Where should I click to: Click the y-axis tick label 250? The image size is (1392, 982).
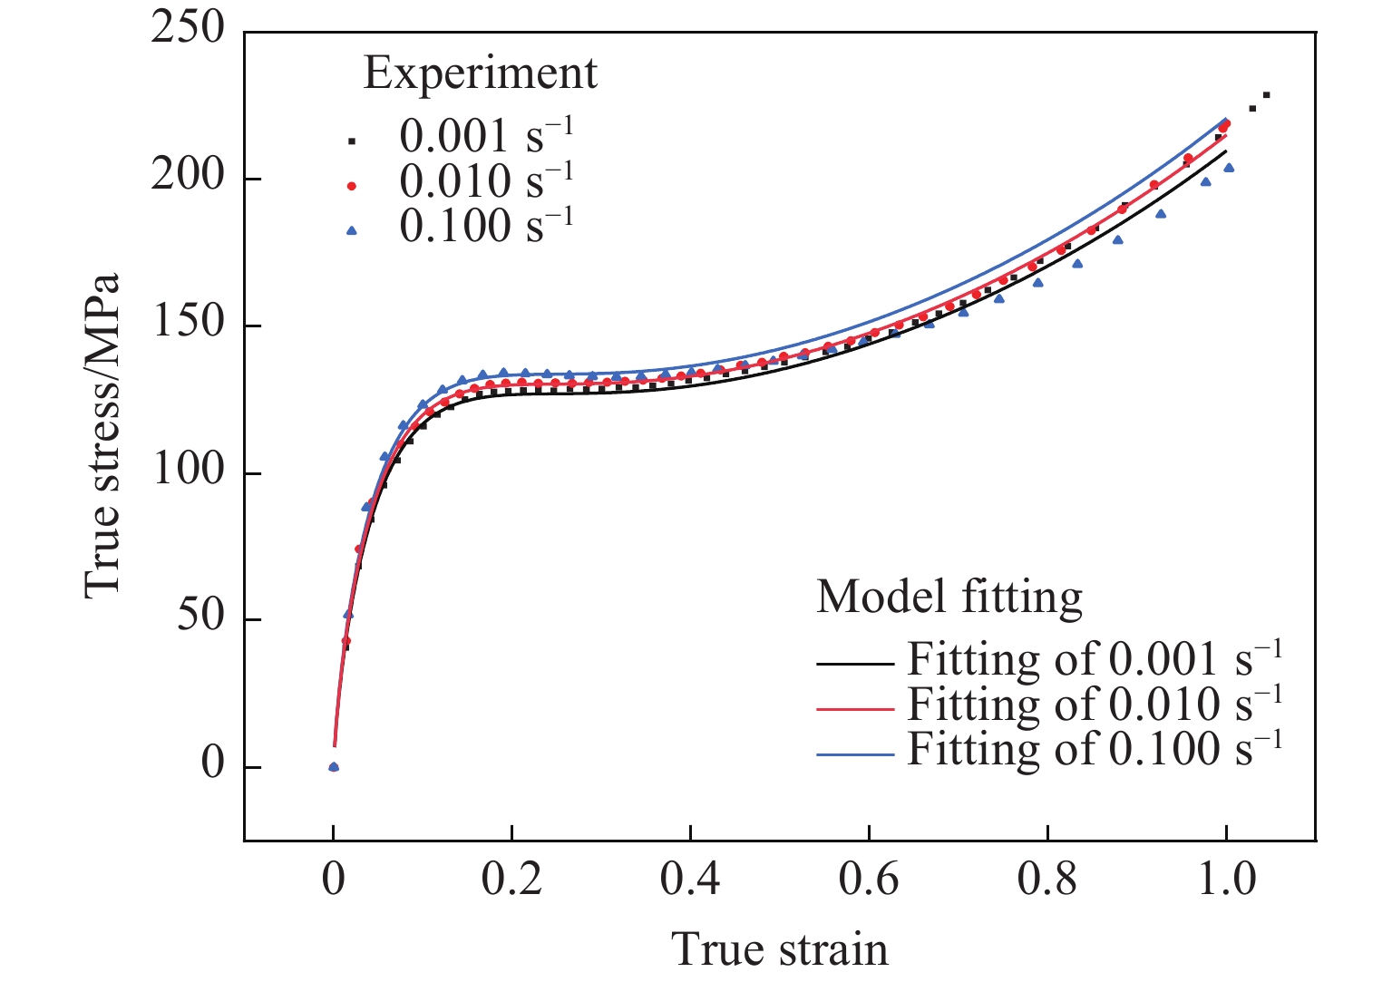[x=188, y=29]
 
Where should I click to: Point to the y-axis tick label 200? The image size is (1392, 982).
[x=188, y=176]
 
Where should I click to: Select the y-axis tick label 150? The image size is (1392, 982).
[x=188, y=323]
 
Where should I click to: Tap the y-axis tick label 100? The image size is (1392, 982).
[x=188, y=471]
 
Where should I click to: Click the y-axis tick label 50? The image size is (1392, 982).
[x=200, y=617]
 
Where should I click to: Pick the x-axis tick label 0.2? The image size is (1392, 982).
[x=511, y=880]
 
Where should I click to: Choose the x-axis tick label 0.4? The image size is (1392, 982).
[x=689, y=880]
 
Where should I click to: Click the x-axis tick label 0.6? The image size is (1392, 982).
[x=868, y=880]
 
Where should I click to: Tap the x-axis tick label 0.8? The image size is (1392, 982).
[x=1046, y=880]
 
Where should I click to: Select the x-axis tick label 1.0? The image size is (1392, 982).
[x=1226, y=880]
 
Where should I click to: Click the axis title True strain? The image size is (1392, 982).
[x=780, y=949]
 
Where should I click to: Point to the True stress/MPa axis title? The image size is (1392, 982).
[x=102, y=435]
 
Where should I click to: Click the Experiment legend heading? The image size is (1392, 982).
[x=480, y=73]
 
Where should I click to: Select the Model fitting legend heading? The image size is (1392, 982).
[x=949, y=598]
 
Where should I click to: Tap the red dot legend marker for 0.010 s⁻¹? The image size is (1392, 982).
[x=352, y=186]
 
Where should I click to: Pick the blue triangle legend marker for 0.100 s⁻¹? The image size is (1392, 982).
[x=352, y=230]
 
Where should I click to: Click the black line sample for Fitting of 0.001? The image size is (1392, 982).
[x=855, y=664]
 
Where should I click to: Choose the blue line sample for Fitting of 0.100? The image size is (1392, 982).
[x=855, y=754]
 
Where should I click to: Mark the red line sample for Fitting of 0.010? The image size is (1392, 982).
[x=855, y=709]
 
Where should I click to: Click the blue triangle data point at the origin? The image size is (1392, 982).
[x=333, y=766]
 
